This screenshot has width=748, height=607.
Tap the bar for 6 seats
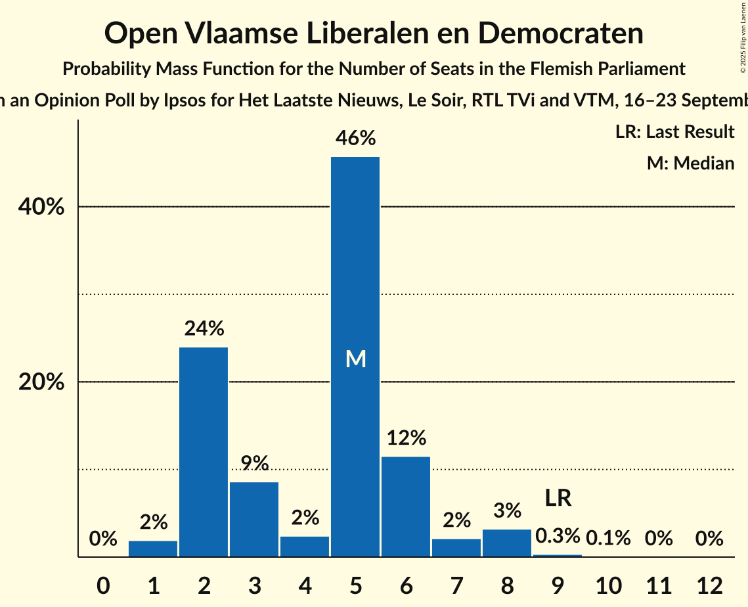406,506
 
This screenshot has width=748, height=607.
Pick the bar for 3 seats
254,519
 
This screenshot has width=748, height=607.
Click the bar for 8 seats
507,543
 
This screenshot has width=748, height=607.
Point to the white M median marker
355,359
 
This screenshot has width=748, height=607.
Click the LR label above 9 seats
558,498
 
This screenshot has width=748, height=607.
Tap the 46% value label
355,138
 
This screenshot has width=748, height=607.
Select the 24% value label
204,328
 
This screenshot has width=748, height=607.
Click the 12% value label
406,438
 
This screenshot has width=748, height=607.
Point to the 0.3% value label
558,536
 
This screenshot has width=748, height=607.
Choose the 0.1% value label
608,539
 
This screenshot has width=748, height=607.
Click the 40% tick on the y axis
41,207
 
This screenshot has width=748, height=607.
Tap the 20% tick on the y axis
41,382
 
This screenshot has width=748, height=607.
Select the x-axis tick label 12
709,584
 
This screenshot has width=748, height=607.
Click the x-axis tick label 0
102,584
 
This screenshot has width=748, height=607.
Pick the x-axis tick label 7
456,584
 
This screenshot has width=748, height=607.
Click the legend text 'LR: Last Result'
674,132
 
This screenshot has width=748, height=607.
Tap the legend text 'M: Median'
690,163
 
